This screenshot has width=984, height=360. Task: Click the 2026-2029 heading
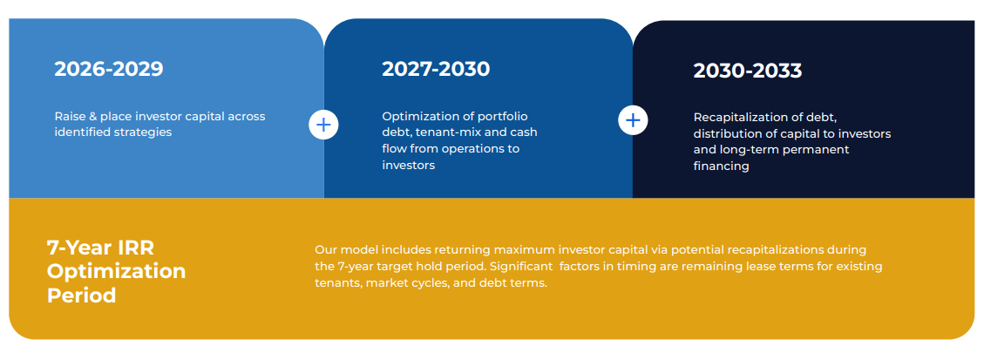(109, 69)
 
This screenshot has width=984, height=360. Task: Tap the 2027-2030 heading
(436, 69)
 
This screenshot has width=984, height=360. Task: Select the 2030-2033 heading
(748, 71)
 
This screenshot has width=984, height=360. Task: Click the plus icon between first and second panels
(323, 125)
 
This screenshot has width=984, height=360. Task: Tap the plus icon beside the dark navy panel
(634, 119)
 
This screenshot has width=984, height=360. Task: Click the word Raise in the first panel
(69, 117)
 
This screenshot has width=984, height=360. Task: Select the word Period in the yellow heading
(82, 295)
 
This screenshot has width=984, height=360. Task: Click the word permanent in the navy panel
(817, 151)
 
